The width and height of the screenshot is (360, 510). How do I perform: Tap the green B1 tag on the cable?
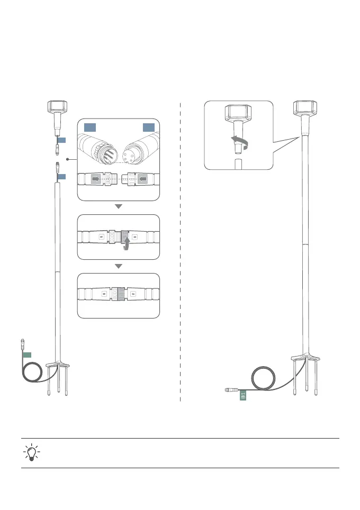click(242, 396)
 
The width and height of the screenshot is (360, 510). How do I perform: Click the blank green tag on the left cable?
click(27, 354)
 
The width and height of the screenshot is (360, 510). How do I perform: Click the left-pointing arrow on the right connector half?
click(143, 179)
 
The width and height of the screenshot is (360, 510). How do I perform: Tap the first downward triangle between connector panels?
click(119, 206)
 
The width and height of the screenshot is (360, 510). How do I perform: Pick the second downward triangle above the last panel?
click(119, 266)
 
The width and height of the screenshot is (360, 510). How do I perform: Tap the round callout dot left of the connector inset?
click(67, 158)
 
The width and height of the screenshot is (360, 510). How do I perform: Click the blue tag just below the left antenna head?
click(62, 140)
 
